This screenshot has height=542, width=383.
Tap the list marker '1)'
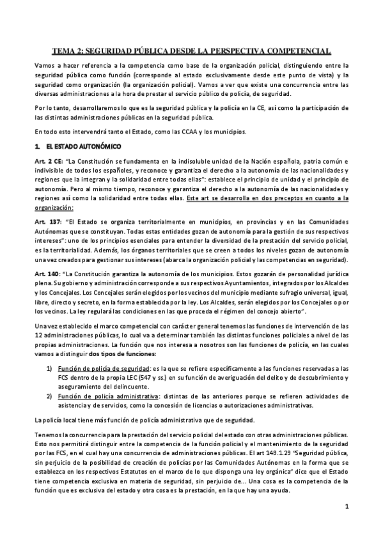(49, 369)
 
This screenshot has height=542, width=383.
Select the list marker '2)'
(49, 396)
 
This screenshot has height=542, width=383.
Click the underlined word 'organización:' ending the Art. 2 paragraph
(54, 207)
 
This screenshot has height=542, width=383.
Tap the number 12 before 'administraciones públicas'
(38, 336)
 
